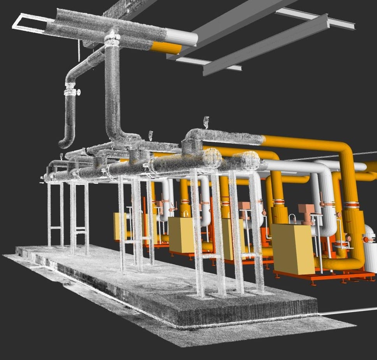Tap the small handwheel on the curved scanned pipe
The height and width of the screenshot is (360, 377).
[x=79, y=92]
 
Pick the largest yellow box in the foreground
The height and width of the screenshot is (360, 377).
[x=292, y=248]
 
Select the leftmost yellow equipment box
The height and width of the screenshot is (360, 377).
[x=120, y=226]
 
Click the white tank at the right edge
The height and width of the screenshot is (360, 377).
[x=370, y=249]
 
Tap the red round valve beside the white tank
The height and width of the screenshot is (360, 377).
[x=366, y=240]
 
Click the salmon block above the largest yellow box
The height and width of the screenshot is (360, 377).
[x=305, y=210]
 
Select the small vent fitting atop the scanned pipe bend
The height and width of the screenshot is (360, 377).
[x=206, y=121]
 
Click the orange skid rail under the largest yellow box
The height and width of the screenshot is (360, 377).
[x=312, y=277]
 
